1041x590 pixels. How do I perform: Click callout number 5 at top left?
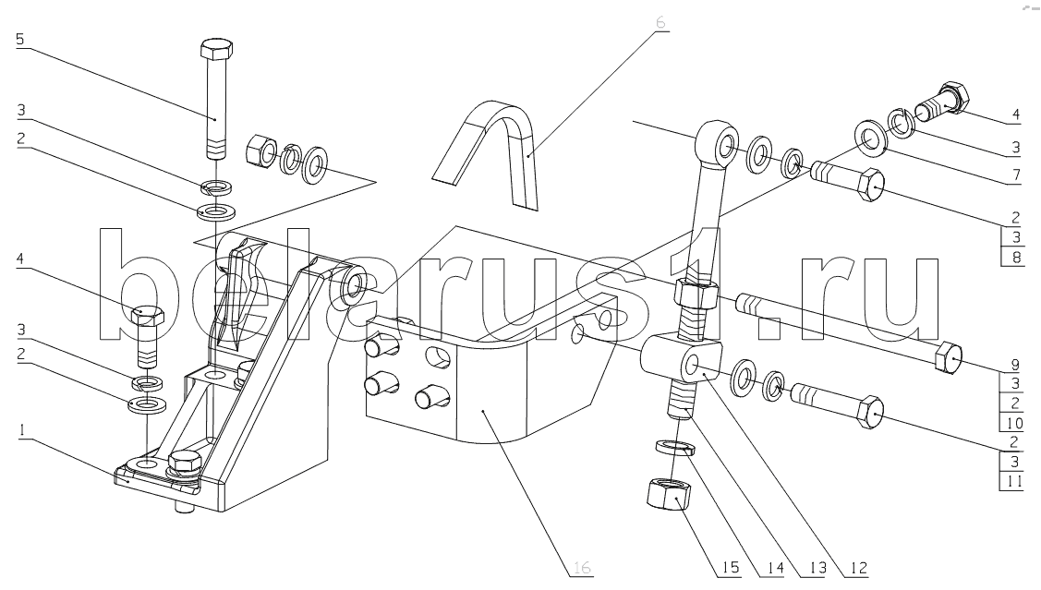20,39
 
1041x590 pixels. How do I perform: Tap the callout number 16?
582,568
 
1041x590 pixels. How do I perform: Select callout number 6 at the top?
660,22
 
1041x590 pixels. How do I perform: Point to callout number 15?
731,568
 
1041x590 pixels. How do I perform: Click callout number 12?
858,568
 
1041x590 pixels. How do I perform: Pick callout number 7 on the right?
1016,176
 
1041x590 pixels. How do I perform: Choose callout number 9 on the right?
1015,365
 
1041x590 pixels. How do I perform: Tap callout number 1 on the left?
22,430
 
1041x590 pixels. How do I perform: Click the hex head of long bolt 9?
948,359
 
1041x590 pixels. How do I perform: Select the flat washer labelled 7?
868,139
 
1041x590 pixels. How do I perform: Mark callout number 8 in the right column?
1016,257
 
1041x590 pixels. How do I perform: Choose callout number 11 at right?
1014,480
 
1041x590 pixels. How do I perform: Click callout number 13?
817,568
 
